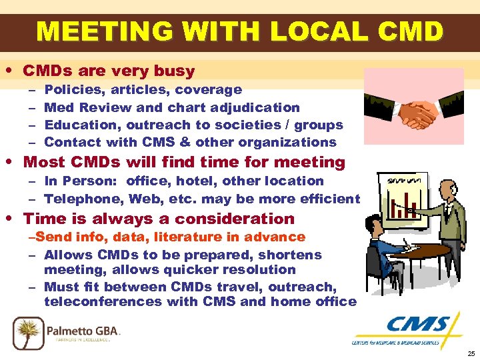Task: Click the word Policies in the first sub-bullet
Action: (69, 89)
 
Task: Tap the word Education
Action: (75, 125)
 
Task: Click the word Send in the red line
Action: (49, 237)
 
